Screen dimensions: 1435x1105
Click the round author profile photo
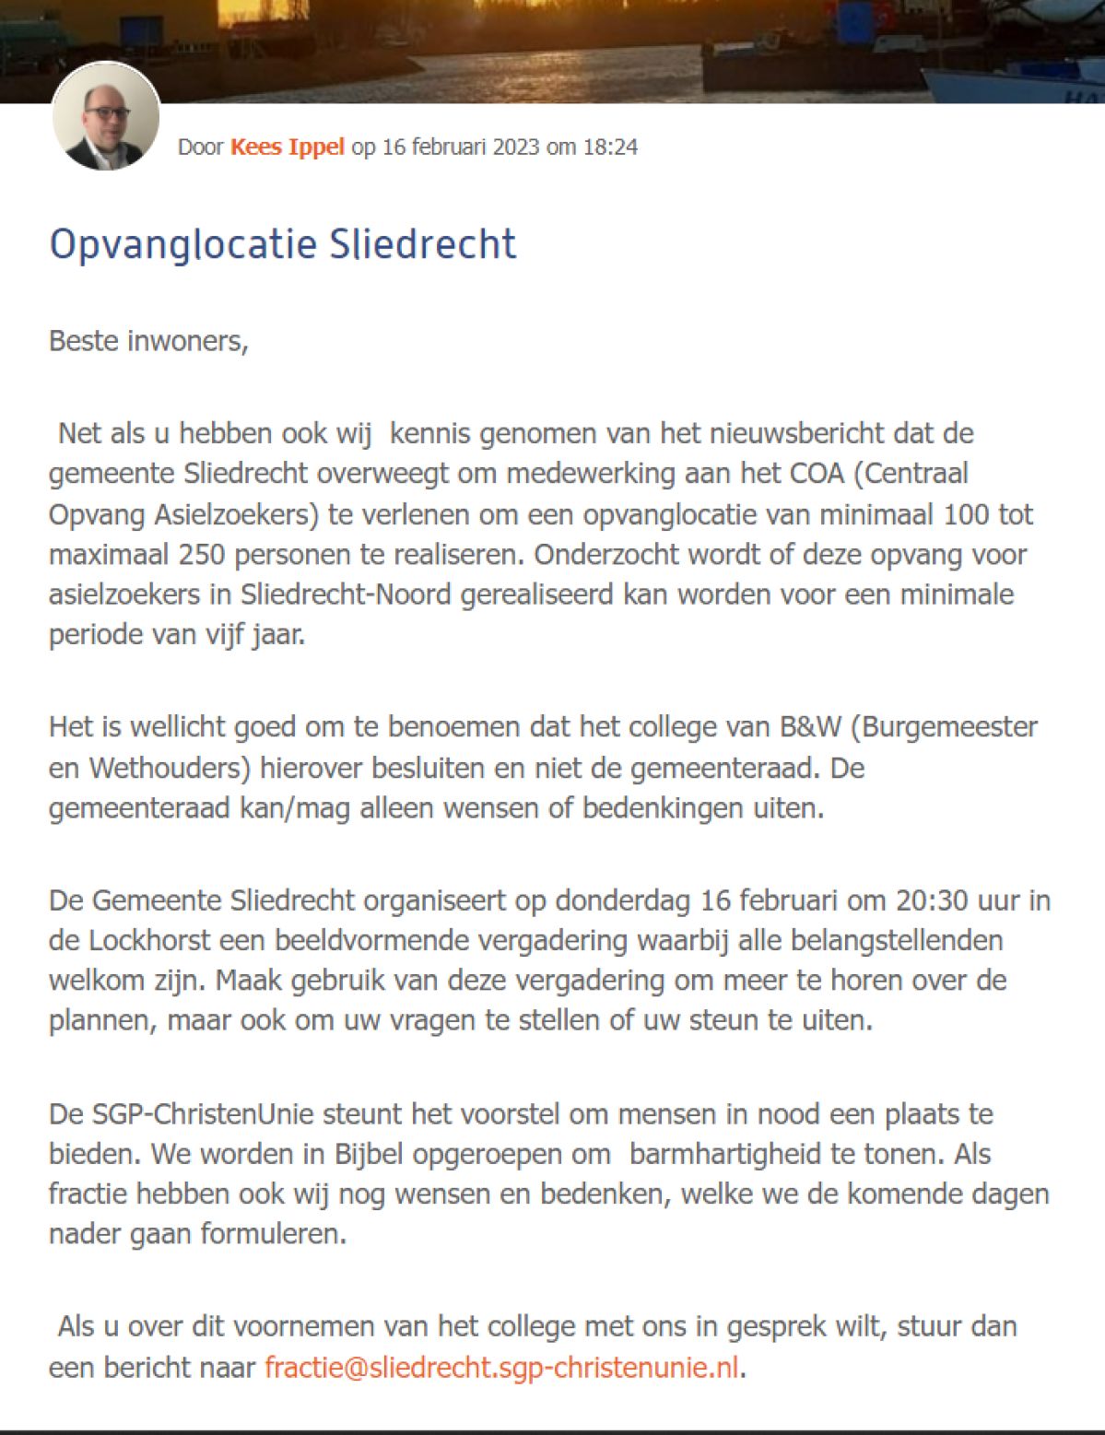106,117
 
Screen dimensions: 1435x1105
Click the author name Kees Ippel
287,147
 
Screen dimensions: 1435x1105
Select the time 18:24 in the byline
610,147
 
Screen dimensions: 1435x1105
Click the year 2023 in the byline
516,147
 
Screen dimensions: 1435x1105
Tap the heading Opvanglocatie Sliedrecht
282,244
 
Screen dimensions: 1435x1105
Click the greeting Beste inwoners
148,341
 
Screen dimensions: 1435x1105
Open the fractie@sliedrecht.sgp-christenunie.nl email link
501,1368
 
